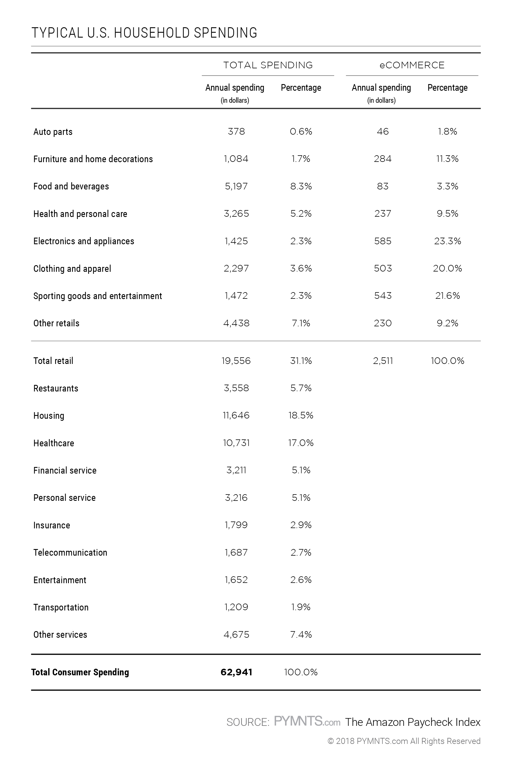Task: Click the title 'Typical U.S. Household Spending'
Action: pos(144,33)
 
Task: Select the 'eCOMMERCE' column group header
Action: pos(412,65)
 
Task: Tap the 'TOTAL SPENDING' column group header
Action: pos(268,65)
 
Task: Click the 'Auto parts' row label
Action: pos(53,132)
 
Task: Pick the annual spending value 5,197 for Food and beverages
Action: pos(236,186)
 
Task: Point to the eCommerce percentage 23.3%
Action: pos(448,241)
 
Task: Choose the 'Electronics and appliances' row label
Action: pos(84,241)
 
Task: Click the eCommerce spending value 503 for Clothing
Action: pos(383,268)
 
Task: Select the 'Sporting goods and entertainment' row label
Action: pos(98,296)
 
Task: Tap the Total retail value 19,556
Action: pos(236,361)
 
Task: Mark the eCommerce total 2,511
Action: pos(383,361)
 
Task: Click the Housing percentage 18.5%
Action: pos(301,415)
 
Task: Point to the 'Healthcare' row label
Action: pos(54,443)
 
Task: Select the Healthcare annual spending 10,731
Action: pos(236,443)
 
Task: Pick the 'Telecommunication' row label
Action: pos(70,552)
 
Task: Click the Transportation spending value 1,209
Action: pos(236,607)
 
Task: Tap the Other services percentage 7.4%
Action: pos(301,634)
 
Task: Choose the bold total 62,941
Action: pos(236,672)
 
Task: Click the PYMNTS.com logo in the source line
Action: pos(307,721)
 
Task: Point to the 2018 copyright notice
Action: pos(404,741)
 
